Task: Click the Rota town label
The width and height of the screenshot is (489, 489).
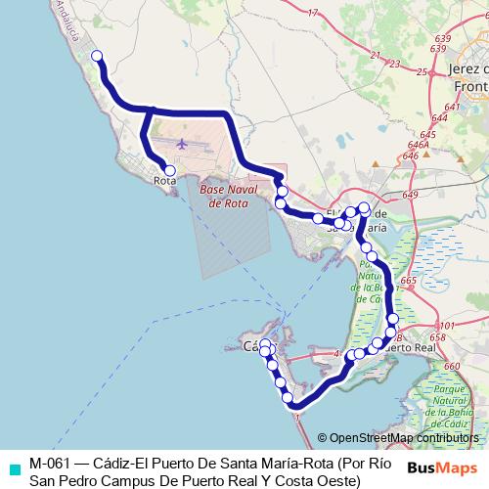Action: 165,182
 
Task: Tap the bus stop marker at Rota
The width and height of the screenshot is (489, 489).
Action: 170,170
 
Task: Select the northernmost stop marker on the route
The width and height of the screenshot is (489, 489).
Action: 96,56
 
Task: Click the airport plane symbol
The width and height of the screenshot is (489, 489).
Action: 182,144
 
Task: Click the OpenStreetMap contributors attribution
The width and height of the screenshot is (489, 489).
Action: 403,437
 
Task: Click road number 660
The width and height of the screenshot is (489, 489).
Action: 451,366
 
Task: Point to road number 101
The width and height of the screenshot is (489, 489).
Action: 447,326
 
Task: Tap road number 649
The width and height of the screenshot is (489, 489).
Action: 409,196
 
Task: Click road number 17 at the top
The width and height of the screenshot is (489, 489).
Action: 313,13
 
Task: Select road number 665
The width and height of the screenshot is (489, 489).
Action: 408,282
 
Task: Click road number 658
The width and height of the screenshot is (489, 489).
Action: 448,337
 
